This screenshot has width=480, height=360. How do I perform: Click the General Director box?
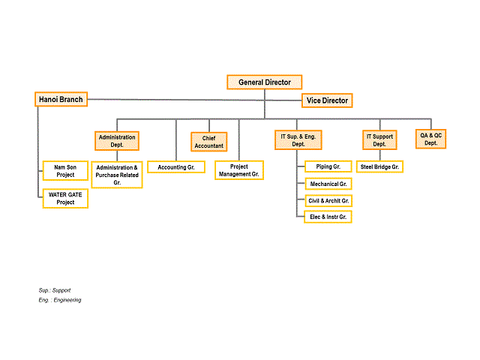(x=265, y=82)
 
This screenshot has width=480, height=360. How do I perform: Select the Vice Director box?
(x=327, y=100)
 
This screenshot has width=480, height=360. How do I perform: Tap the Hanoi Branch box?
(x=61, y=99)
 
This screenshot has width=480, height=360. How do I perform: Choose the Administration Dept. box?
(x=117, y=141)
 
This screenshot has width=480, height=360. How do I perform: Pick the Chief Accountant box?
(x=208, y=142)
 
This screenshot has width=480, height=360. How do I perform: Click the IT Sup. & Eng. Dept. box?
(x=298, y=140)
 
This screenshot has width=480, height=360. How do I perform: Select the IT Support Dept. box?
(x=379, y=140)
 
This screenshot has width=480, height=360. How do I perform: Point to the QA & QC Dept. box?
(x=430, y=139)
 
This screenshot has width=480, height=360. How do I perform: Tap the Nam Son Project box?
(x=65, y=170)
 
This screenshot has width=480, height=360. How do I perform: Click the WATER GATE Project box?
(x=65, y=198)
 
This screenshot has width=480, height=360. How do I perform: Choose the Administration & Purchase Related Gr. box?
(x=117, y=175)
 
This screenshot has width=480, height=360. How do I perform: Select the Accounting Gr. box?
(x=176, y=167)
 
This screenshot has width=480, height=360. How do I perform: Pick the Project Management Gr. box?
(x=239, y=170)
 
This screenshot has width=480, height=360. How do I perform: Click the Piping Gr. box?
(x=328, y=166)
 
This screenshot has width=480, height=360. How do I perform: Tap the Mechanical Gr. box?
(x=328, y=184)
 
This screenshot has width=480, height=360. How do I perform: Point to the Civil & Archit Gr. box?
(x=328, y=200)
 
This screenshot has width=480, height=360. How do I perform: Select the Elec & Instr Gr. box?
(x=328, y=217)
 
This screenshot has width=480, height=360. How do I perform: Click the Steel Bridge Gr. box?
(x=379, y=166)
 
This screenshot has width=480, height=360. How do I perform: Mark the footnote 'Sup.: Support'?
(x=55, y=290)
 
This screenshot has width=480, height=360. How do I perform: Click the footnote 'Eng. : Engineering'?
(x=60, y=300)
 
